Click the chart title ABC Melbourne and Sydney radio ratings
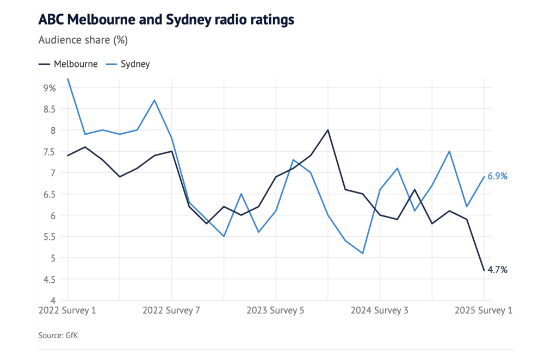coord(166,20)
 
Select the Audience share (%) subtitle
coord(83,40)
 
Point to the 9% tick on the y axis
coord(49,88)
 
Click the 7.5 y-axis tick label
coord(49,151)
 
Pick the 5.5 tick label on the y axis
coord(49,237)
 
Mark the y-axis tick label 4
coord(53,300)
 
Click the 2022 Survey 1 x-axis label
coord(67,311)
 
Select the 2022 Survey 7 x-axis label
coord(171,311)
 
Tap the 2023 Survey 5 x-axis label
coord(276,311)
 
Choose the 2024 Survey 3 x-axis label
coord(380,311)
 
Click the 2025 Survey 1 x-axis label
coord(484,311)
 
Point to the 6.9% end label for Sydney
coord(498,176)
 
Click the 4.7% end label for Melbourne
coord(498,270)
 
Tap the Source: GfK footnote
coord(58,336)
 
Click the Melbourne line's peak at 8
coord(328,130)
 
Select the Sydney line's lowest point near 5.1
coord(362,253)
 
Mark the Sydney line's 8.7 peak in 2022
coord(154,100)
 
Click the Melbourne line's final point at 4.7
coord(484,270)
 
